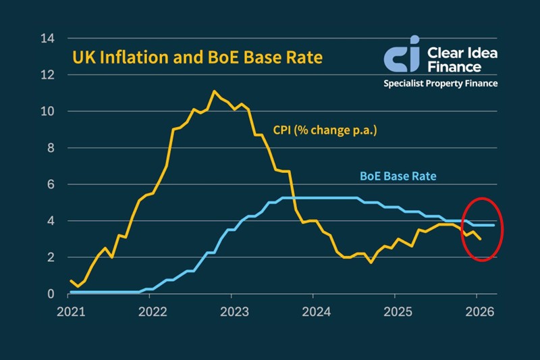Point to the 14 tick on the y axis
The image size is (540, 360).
pyautogui.click(x=47, y=38)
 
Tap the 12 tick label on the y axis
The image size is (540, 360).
pyautogui.click(x=47, y=75)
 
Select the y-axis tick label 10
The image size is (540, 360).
pyautogui.click(x=47, y=111)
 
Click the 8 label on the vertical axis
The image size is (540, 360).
pyautogui.click(x=51, y=148)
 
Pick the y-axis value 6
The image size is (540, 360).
pyautogui.click(x=51, y=184)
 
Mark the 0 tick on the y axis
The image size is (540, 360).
pyautogui.click(x=51, y=294)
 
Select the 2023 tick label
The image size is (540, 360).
pyautogui.click(x=232, y=313)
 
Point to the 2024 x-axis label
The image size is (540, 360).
pyautogui.click(x=315, y=313)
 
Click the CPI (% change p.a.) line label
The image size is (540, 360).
pyautogui.click(x=324, y=130)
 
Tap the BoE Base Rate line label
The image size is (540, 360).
pyautogui.click(x=398, y=177)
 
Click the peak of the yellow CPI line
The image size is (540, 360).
pyautogui.click(x=215, y=91)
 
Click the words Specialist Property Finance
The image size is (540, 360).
pyautogui.click(x=440, y=84)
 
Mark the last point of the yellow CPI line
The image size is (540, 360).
pyautogui.click(x=481, y=239)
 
